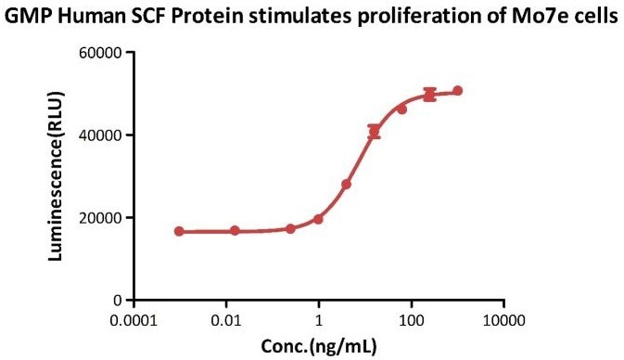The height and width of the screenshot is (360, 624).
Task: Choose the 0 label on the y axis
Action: pyautogui.click(x=119, y=301)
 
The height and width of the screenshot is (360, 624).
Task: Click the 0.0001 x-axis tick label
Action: pyautogui.click(x=134, y=319)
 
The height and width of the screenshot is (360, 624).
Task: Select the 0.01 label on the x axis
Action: pyautogui.click(x=226, y=319)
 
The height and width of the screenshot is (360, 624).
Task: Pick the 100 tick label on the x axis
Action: pyautogui.click(x=411, y=319)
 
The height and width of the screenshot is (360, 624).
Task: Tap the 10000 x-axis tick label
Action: pyautogui.click(x=503, y=319)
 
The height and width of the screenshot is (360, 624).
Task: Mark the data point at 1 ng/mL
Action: pyautogui.click(x=318, y=219)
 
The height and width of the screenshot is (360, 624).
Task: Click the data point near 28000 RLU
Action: pyautogui.click(x=346, y=185)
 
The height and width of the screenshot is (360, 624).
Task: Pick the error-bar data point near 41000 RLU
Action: pyautogui.click(x=374, y=132)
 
